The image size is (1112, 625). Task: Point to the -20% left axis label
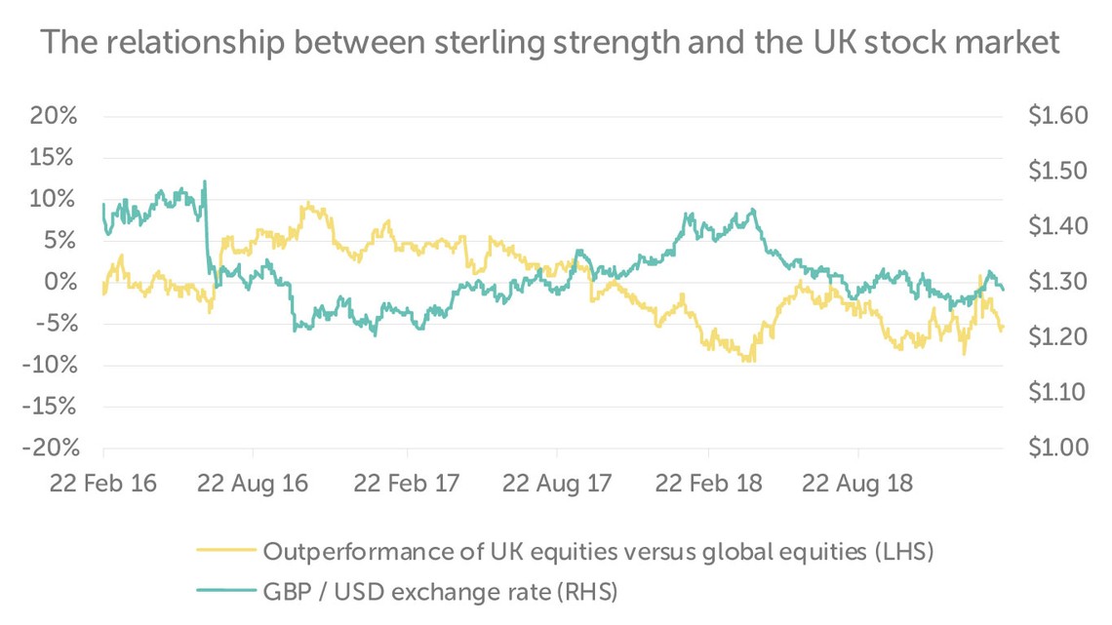pos(47,449)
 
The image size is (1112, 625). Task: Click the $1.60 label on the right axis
pos(1056,116)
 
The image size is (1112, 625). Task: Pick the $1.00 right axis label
pos(1056,449)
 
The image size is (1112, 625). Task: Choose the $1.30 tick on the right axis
pos(1056,283)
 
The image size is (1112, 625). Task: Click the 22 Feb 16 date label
pos(102,484)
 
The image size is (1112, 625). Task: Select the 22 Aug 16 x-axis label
pos(253,484)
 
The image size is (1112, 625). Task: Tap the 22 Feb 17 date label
pos(407,484)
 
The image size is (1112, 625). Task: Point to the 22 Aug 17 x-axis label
pos(557,484)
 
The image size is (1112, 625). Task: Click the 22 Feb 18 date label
pos(709,484)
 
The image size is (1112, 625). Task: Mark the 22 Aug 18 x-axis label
pos(859,484)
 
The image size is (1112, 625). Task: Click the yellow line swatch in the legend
pos(225,552)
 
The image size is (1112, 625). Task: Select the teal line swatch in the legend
pos(225,590)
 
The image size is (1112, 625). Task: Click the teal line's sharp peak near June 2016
pos(204,181)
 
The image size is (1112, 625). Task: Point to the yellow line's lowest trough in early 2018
pos(750,361)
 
